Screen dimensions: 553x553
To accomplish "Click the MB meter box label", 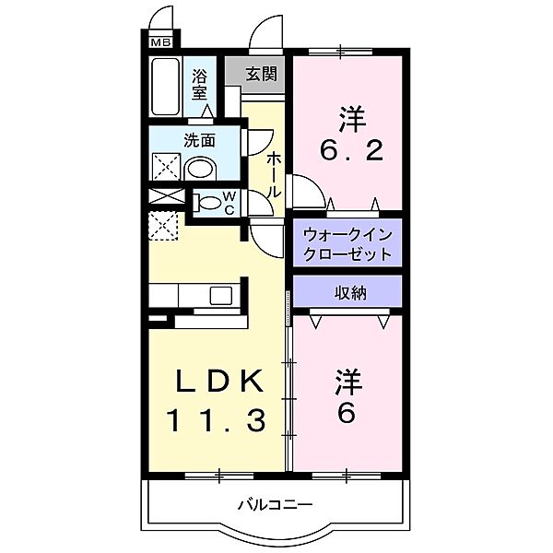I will pos(160,41).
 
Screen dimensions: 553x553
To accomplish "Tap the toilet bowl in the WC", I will pos(209,202).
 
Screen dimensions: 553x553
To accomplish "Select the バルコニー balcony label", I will pos(275,504).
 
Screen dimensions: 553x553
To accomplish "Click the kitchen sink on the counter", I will pos(221,295).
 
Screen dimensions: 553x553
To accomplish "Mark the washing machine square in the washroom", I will pos(166,168).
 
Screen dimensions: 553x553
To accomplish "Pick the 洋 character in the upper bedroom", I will pos(348,118).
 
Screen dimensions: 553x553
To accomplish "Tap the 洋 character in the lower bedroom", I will pos(347,380).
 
